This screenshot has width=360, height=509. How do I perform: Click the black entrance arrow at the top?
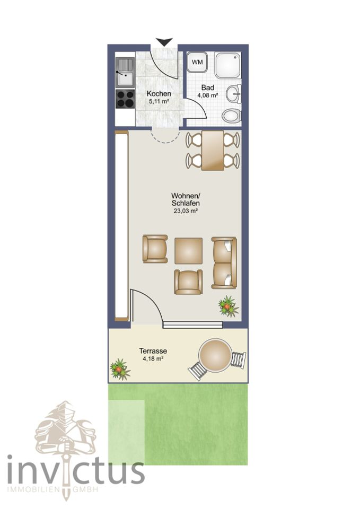coord(164,42)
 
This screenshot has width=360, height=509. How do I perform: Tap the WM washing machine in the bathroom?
coord(197,62)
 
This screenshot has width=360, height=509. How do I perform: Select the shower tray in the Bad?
coord(227,65)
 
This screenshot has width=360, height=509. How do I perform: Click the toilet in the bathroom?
coord(232,116)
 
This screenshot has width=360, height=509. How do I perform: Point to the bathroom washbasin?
coord(234,94)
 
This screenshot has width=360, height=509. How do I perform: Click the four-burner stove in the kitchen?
coord(125,99)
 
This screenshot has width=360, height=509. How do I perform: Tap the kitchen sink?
coord(125,73)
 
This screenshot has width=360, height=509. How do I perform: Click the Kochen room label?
coord(159,94)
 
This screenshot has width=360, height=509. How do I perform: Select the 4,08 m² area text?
coord(207,95)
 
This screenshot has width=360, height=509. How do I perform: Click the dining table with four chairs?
coord(213,150)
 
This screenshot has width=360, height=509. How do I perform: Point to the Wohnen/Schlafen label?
coord(186,200)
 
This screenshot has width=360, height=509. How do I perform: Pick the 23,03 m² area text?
coord(186,210)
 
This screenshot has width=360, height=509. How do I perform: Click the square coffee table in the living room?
coord(189,251)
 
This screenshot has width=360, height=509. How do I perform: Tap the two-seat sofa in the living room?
coord(224,263)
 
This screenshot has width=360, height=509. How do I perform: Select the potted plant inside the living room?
coord(228,306)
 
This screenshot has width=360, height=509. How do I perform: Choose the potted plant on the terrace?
coord(120,369)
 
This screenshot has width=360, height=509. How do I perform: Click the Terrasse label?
coord(153,351)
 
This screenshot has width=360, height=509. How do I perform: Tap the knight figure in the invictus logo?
coord(66,428)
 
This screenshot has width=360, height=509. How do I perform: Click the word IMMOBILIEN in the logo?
coord(33,489)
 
